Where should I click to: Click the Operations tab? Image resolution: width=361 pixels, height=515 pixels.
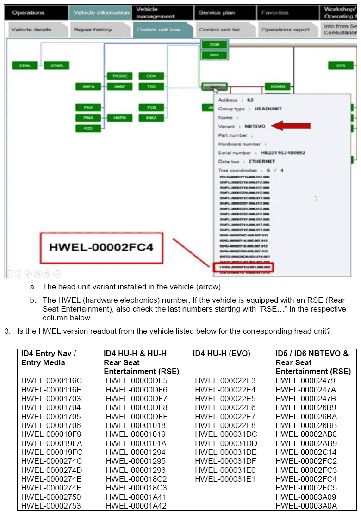(x=29, y=12)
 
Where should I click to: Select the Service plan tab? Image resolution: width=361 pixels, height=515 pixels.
(x=217, y=12)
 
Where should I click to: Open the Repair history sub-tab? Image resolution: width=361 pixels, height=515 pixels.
(x=93, y=30)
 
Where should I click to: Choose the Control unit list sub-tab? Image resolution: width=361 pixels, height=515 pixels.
(x=219, y=30)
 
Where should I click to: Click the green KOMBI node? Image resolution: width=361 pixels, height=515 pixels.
(x=277, y=86)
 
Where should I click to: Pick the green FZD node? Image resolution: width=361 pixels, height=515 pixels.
(x=88, y=128)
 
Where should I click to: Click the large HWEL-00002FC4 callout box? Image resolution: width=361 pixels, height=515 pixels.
(x=101, y=247)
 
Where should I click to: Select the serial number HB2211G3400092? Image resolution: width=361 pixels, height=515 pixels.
(x=283, y=153)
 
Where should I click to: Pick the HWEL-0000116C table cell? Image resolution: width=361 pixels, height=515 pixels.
(x=51, y=381)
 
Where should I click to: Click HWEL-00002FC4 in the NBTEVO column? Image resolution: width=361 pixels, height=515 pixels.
(x=306, y=479)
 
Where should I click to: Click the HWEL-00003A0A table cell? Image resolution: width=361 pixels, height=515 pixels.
(x=306, y=506)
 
